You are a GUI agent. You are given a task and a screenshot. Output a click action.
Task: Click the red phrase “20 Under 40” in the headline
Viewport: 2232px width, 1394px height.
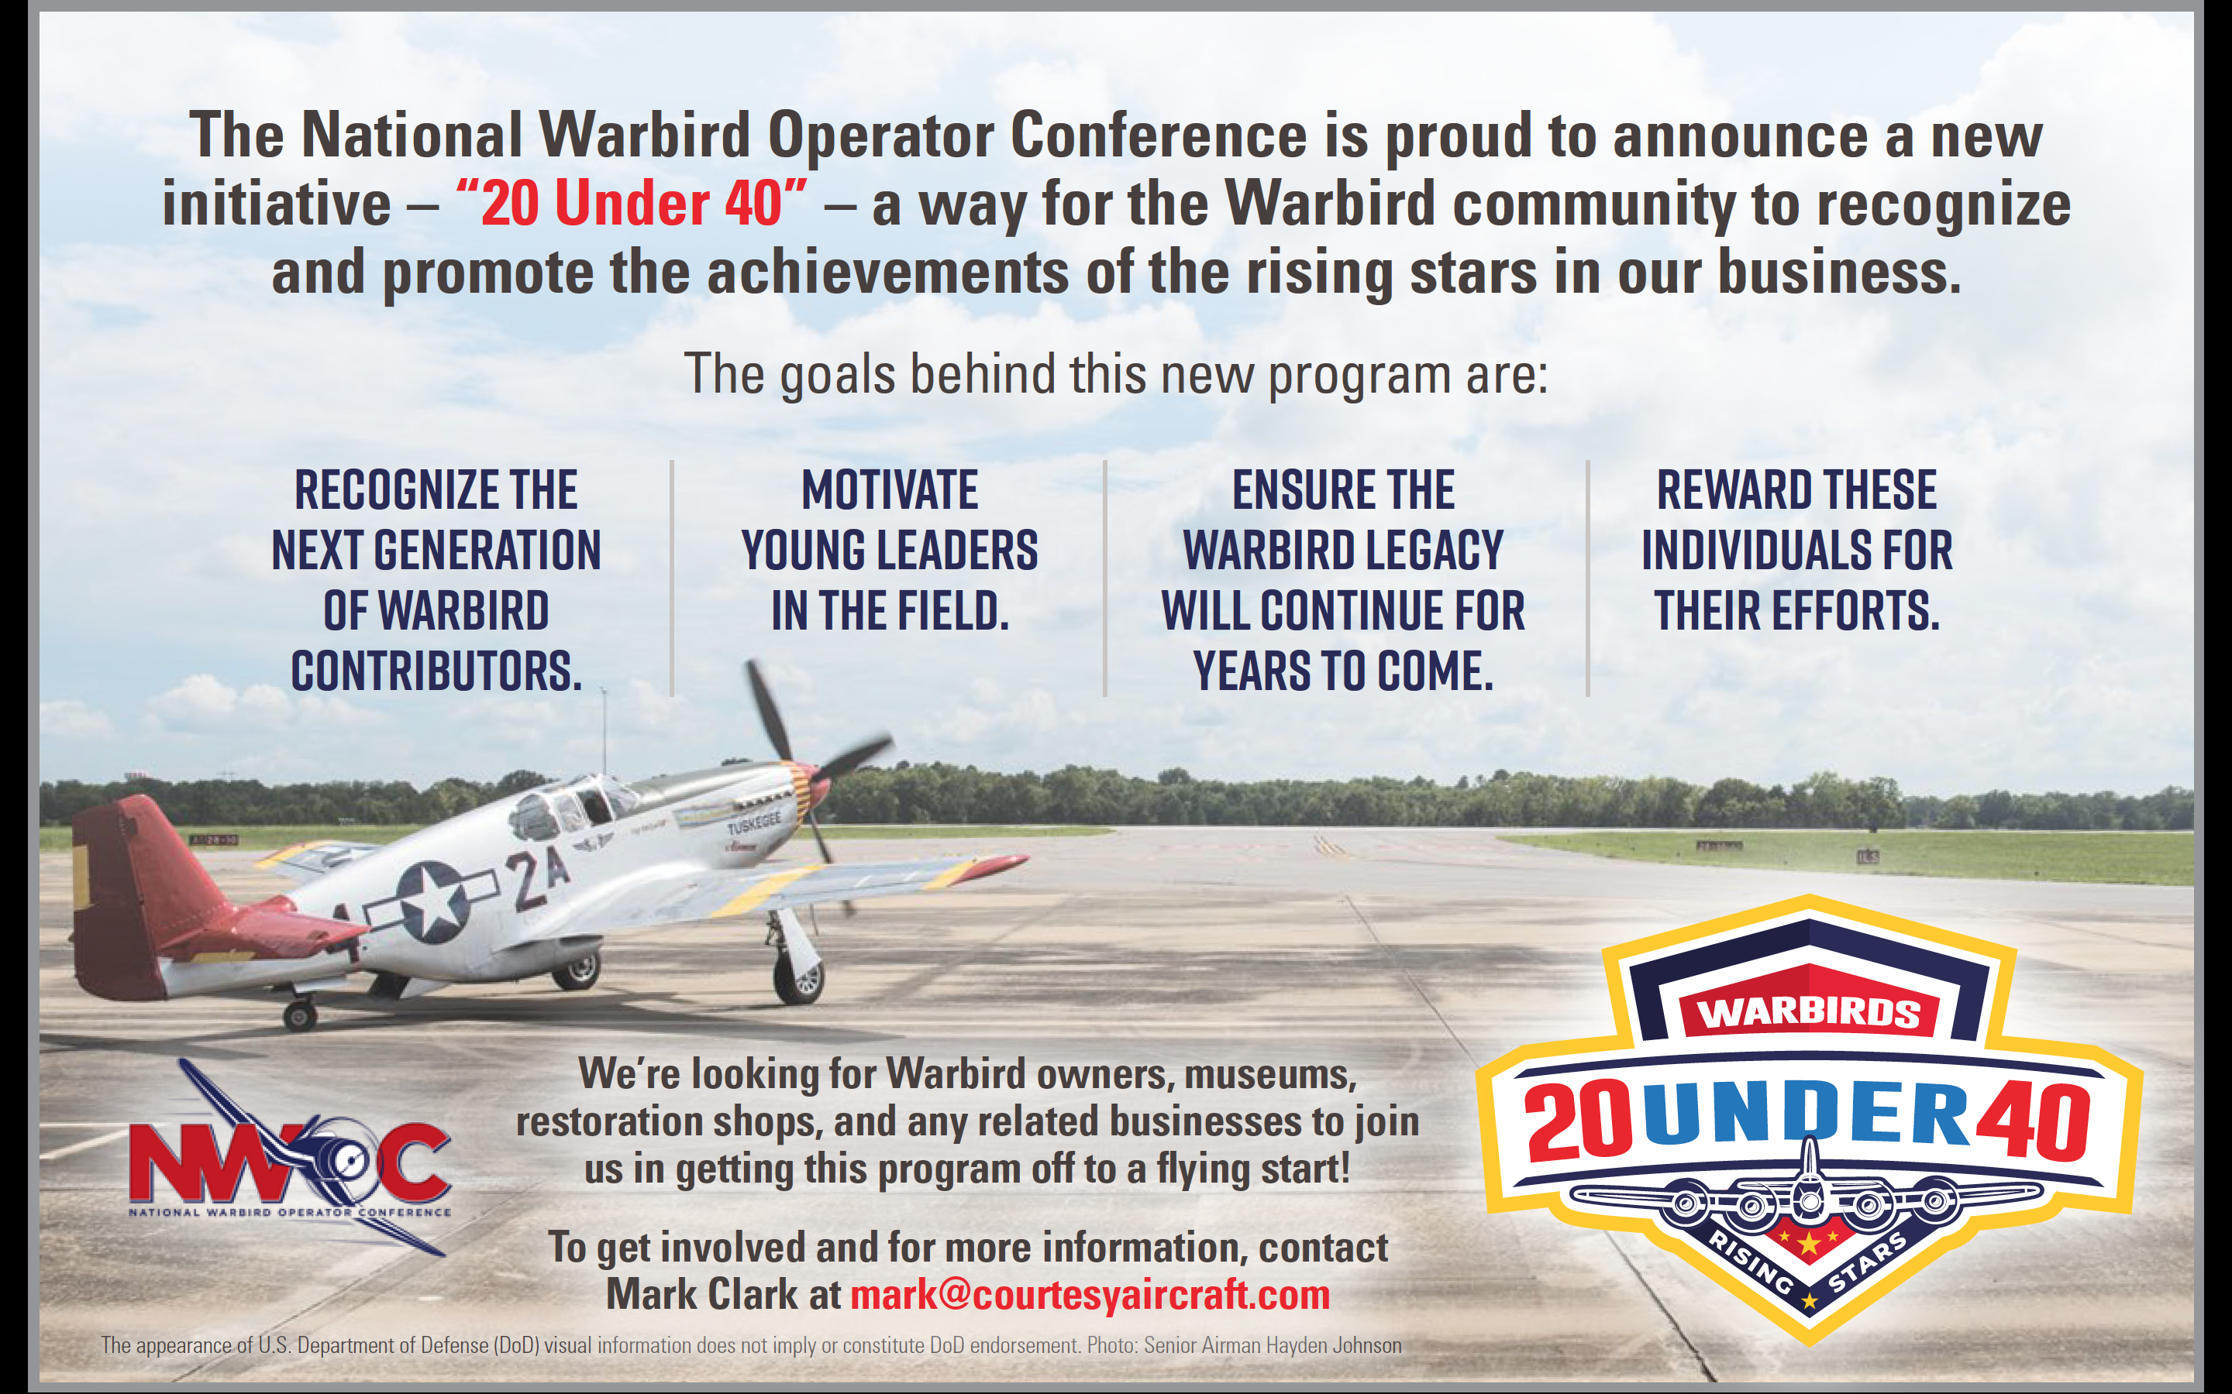[x=631, y=204]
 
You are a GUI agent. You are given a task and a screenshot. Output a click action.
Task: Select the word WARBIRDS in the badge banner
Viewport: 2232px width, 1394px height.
[x=1809, y=1012]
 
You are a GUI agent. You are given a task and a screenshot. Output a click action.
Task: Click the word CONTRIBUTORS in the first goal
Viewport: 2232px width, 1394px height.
[x=436, y=671]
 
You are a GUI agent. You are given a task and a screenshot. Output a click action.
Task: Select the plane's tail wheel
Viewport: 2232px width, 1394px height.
[x=299, y=1016]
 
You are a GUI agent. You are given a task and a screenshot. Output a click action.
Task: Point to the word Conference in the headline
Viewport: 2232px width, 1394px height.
[x=1159, y=135]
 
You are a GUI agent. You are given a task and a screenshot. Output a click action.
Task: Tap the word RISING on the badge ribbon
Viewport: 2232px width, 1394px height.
[x=1751, y=1259]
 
